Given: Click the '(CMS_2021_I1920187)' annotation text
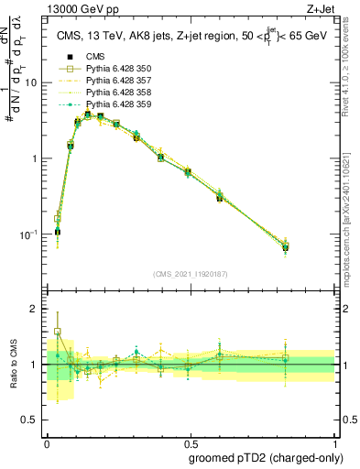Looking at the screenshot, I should click(x=190, y=274).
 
